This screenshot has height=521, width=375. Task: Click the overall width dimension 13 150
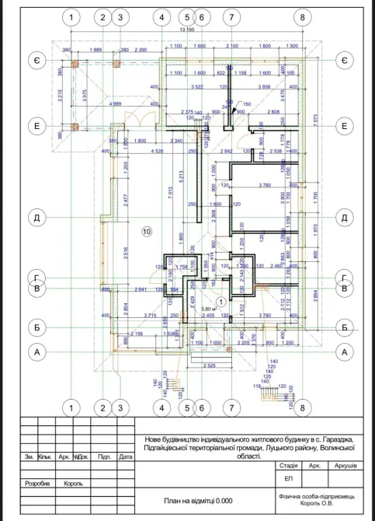pos(186,30)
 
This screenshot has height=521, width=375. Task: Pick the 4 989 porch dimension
pos(114,103)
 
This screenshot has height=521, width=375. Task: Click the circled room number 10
pos(147,231)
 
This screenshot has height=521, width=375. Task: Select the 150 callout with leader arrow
pos(247,104)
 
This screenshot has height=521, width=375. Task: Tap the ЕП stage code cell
pos(290,478)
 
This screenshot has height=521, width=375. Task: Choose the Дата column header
pos(125,457)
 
